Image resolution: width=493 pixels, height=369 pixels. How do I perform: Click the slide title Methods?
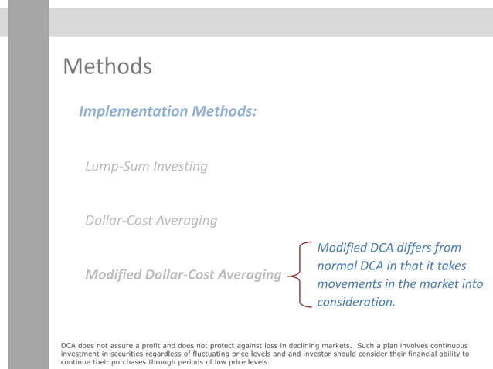[107, 66]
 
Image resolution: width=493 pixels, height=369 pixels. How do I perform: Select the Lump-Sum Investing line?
[146, 166]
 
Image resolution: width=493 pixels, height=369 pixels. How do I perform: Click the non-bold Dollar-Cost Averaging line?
[151, 220]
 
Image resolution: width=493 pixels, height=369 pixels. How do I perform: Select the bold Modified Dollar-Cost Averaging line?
[182, 274]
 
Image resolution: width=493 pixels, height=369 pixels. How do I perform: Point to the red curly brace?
[298, 274]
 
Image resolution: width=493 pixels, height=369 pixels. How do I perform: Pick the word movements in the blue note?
[352, 283]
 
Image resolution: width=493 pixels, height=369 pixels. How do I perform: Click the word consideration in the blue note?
[355, 302]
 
